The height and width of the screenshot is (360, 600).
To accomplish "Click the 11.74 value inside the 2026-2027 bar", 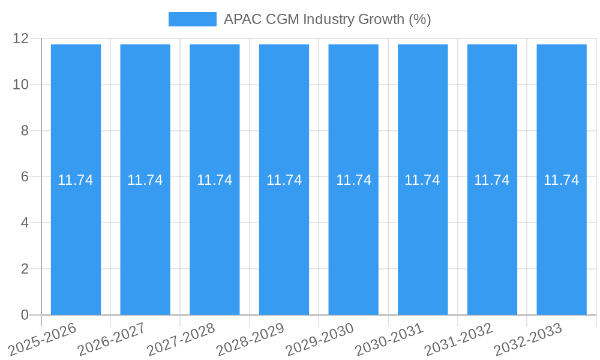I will (x=145, y=180).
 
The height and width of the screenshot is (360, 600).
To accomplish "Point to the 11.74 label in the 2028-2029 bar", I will (x=284, y=180).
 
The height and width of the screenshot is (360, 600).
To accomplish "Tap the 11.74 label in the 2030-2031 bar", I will (x=422, y=180).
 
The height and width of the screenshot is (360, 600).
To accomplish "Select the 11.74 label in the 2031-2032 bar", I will (x=492, y=180).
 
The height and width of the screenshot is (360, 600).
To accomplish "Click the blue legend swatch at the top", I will (x=192, y=19).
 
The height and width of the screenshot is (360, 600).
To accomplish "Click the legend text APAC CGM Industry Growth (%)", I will (x=327, y=19).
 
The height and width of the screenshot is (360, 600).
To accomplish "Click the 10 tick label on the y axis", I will (x=21, y=85).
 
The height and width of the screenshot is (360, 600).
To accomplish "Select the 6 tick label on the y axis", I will (x=25, y=177).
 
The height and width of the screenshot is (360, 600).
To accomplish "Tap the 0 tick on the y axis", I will (x=25, y=315).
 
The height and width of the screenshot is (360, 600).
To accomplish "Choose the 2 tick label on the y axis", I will (x=25, y=269).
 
